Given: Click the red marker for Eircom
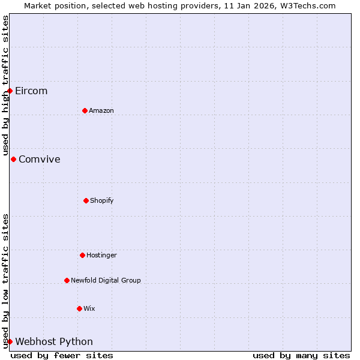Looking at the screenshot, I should click(x=10, y=91).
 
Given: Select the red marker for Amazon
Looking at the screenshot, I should click(x=85, y=110).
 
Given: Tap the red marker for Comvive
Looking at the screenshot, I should click(x=13, y=159).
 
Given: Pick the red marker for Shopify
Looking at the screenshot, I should click(x=86, y=200).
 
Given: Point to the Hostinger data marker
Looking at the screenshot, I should click(x=82, y=255).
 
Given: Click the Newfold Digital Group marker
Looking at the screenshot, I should click(x=67, y=280).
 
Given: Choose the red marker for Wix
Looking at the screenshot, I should click(x=79, y=308).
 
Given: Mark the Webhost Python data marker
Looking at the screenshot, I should click(x=10, y=341).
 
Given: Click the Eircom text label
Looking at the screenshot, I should click(x=31, y=91).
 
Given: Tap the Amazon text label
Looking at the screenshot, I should click(x=101, y=111).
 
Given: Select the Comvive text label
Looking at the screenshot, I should click(x=40, y=160).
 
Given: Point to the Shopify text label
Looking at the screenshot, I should click(x=102, y=201).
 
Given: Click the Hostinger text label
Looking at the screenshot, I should click(x=101, y=256).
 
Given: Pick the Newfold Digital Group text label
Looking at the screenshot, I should click(x=106, y=281).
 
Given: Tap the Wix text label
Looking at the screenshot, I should click(x=89, y=309).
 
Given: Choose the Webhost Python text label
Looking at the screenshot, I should click(x=54, y=342).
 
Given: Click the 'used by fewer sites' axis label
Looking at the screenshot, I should click(x=62, y=356).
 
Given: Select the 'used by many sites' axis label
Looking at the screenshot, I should click(x=301, y=356).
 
